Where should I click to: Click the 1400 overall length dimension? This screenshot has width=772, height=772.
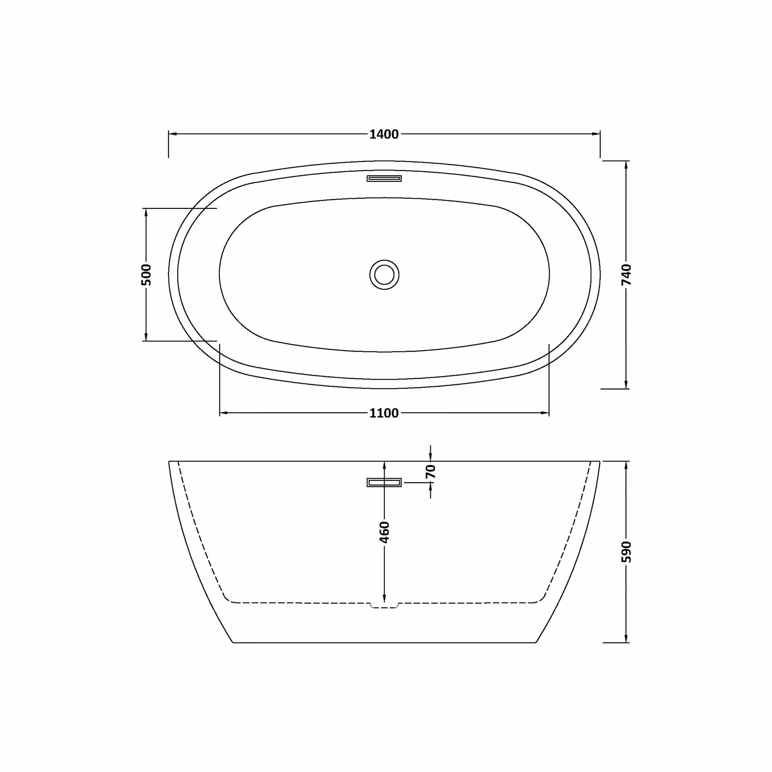pos(384,135)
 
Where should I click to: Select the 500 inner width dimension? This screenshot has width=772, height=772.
pos(146,275)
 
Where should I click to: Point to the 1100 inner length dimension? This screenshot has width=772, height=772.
pos(384,413)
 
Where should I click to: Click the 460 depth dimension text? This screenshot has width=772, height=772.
pos(384,532)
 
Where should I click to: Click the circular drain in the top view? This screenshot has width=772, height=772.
pos(384,275)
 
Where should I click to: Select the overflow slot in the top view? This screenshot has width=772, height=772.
pos(384,179)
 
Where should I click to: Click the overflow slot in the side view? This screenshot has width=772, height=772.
pos(384,483)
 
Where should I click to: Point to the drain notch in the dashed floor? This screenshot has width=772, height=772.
pos(384,606)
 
